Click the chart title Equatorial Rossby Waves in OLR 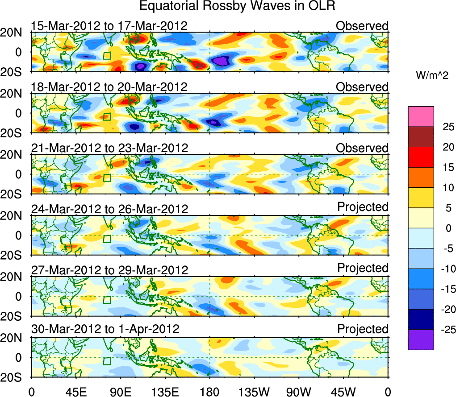[237, 6]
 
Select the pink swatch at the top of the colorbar [421, 116]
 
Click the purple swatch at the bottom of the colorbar [421, 339]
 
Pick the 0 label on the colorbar [448, 228]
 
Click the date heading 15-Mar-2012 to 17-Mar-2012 [109, 26]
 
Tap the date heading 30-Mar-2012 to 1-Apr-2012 [105, 329]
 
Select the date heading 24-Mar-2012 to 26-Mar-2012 [109, 208]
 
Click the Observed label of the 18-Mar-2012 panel [362, 87]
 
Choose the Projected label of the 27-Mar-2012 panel [363, 268]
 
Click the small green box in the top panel [107, 56]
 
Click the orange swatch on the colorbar [421, 178]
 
